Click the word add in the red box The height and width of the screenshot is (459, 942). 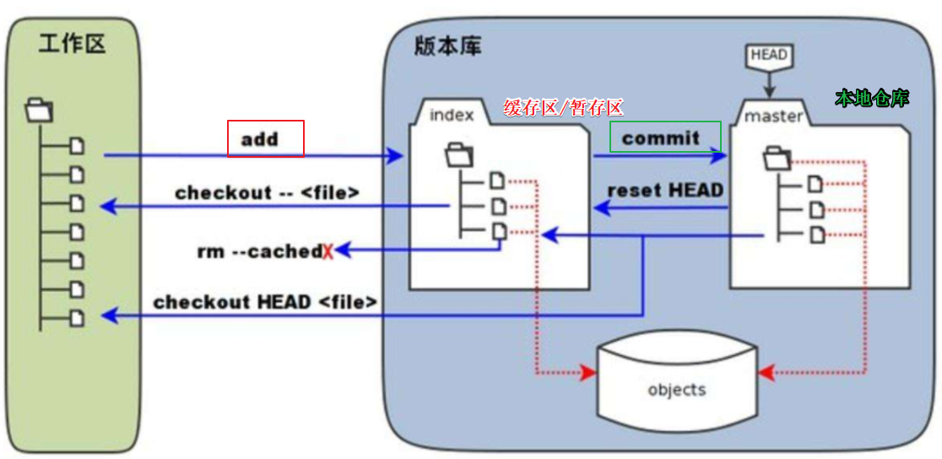point(260,139)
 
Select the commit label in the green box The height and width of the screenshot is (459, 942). point(661,138)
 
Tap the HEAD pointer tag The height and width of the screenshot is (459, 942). point(768,56)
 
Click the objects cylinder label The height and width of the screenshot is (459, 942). point(676,389)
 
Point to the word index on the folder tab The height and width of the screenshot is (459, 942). point(452,114)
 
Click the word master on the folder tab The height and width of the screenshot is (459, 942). point(773,116)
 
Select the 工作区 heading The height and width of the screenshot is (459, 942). point(72,45)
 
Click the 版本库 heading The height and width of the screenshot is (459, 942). point(448,46)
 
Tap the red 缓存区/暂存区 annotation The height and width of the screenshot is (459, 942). point(563,107)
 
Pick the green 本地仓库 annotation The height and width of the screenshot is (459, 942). point(872,98)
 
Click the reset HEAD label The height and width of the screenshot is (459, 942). point(665,190)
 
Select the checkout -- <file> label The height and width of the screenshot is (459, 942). point(268,192)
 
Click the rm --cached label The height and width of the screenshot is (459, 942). point(259,251)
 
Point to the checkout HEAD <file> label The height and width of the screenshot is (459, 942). point(265,301)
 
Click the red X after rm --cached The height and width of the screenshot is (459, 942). point(328,251)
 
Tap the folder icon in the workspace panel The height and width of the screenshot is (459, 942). point(40,109)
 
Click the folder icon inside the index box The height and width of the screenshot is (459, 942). point(459,154)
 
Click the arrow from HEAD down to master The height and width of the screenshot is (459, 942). point(768,85)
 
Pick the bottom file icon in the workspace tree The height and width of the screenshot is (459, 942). point(77,318)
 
